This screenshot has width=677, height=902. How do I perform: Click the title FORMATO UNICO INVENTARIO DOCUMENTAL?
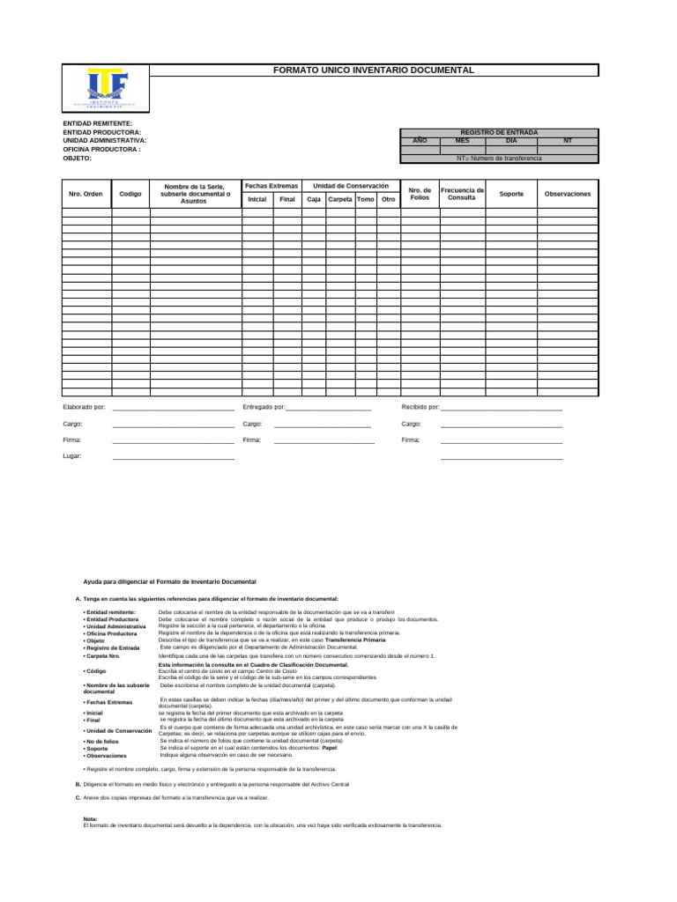point(374,70)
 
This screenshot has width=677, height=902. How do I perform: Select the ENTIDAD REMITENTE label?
point(97,123)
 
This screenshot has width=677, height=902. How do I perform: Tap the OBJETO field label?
point(77,159)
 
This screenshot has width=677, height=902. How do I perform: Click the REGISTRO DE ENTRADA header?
point(499,131)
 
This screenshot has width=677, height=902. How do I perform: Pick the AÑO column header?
point(420,140)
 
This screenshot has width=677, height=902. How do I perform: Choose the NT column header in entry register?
point(567,140)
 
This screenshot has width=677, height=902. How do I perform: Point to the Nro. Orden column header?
point(86,193)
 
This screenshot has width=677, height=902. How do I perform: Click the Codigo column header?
point(130,193)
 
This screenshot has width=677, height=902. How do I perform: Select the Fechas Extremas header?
point(272,186)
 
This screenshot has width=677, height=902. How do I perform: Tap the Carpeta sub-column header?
point(339,199)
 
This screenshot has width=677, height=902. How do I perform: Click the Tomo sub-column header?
point(365,199)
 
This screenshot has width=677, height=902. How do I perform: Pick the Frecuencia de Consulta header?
point(462,193)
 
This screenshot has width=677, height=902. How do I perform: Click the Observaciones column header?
point(568,193)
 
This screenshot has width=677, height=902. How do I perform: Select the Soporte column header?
point(511,193)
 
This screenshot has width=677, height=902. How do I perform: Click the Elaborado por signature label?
point(84,407)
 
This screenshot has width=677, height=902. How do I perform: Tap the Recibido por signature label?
point(420,407)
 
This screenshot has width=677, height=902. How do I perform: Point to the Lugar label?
point(71,455)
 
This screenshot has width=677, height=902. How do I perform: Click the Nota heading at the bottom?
point(90,818)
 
